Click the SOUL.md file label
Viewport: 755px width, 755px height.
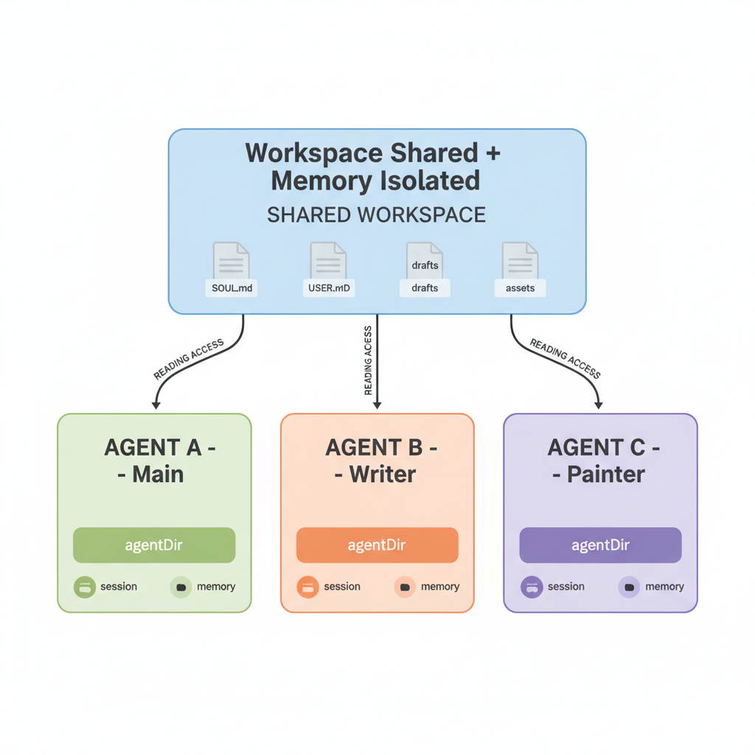(232, 288)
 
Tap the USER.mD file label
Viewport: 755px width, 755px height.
(329, 288)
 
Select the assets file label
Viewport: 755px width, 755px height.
(520, 288)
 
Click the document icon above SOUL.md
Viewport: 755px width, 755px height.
(231, 260)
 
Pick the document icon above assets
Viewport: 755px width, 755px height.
(520, 260)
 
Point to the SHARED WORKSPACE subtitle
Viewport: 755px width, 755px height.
(377, 215)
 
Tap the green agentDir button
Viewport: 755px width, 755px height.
(154, 545)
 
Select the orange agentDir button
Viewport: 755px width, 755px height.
(377, 545)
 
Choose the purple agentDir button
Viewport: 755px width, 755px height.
(600, 545)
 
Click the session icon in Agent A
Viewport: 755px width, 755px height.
(85, 587)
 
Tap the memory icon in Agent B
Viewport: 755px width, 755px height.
(405, 587)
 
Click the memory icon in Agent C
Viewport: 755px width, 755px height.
(629, 587)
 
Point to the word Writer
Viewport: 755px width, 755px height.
(383, 474)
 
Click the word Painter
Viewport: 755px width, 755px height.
(606, 474)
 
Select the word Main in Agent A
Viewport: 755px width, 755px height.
(158, 474)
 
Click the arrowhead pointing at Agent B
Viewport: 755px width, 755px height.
(377, 406)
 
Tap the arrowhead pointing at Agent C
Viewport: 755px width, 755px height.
(599, 406)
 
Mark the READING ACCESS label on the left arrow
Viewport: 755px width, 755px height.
(188, 359)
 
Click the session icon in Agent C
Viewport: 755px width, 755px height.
(532, 587)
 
